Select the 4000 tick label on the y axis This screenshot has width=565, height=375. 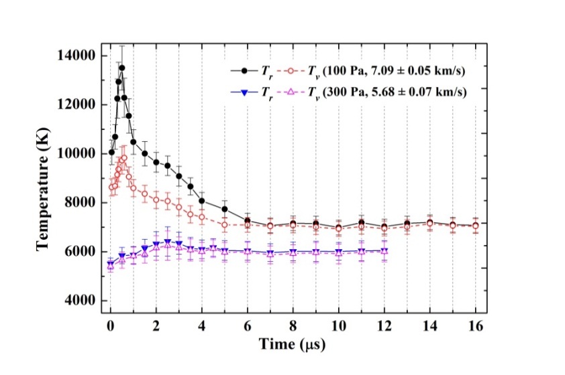80,301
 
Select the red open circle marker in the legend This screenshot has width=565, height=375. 291,70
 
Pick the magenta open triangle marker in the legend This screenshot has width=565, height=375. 291,92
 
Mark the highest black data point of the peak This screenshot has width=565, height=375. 121,68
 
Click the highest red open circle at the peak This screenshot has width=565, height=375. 123,158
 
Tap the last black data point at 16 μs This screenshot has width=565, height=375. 476,226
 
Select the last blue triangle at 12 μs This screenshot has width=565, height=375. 384,250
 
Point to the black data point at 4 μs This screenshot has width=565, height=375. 201,200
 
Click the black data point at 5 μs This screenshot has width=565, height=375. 224,209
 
